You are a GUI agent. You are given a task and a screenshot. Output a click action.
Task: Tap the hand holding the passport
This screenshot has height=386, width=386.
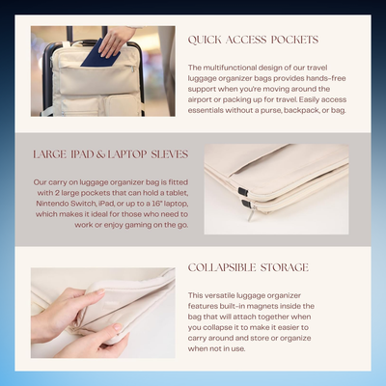point(118,41)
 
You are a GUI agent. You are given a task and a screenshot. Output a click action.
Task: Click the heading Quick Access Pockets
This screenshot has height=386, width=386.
point(253,40)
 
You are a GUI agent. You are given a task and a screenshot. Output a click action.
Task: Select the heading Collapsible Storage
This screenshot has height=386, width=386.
point(248,267)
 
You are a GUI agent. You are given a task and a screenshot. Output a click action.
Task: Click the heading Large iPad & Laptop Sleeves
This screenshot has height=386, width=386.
point(111,154)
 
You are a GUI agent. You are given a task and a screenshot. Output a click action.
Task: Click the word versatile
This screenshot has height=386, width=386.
point(219,295)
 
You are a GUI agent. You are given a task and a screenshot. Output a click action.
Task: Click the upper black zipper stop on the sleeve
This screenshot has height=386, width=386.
point(243,192)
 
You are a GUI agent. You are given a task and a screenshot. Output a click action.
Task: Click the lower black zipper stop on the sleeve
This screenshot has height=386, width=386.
point(246,203)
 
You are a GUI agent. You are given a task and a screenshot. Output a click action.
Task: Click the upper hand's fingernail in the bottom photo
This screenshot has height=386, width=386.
point(100,292)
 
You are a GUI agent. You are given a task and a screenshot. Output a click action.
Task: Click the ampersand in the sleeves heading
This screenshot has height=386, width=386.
point(101,154)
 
